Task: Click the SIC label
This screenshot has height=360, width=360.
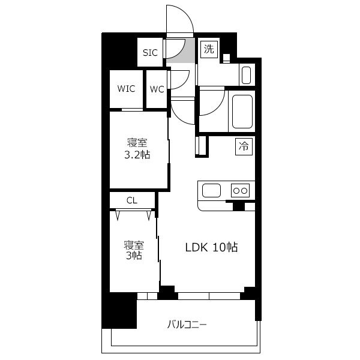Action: point(150,53)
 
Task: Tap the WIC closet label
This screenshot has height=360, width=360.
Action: point(126,89)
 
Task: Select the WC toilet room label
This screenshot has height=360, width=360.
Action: point(157,89)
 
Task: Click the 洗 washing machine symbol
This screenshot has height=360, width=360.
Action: point(209,49)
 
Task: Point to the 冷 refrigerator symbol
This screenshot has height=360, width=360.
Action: point(244,146)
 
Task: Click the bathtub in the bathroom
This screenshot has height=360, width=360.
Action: point(242,112)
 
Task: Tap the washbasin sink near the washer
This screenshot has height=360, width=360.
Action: point(247,75)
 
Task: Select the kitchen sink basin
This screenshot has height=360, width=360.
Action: point(211,191)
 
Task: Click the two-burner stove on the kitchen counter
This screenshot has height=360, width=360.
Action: point(240,190)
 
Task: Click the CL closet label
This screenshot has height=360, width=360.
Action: point(132,200)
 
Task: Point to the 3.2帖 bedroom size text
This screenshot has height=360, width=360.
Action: point(137,155)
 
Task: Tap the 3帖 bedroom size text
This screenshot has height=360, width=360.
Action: point(134,256)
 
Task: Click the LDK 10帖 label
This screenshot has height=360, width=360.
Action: point(211,247)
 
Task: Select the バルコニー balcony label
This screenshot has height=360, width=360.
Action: point(187,325)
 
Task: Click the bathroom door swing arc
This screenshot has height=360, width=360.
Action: point(218,108)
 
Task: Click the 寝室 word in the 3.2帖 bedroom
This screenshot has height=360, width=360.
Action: point(137,143)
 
